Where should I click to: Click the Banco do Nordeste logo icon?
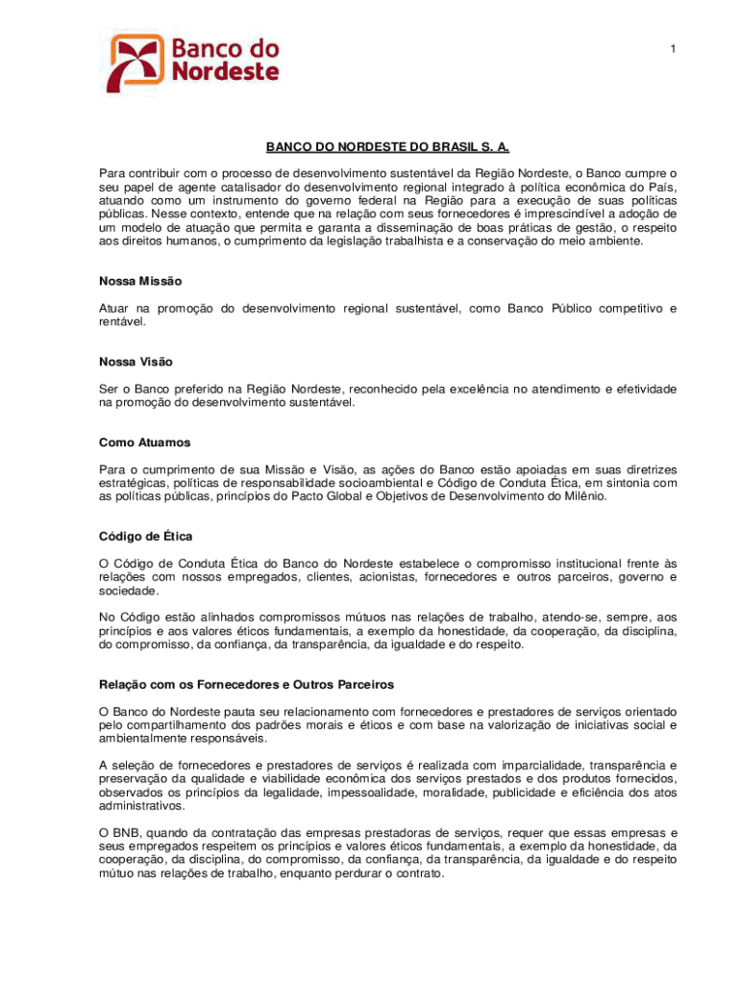click(x=135, y=63)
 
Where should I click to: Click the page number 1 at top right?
click(x=673, y=48)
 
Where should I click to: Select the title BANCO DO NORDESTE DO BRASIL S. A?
click(x=387, y=148)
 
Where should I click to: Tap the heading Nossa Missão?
click(x=140, y=281)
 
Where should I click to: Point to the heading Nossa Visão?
click(x=136, y=362)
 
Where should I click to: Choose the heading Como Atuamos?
click(x=144, y=442)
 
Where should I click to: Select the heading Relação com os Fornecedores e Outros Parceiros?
click(x=246, y=684)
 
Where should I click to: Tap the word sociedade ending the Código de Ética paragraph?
click(x=130, y=591)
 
